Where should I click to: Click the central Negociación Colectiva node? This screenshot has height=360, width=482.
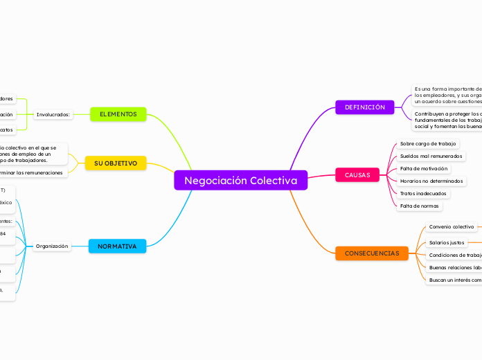[240, 181]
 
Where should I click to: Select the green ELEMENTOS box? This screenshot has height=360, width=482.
[118, 114]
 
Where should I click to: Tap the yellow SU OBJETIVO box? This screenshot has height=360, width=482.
[116, 163]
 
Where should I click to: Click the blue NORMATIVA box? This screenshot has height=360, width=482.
[117, 246]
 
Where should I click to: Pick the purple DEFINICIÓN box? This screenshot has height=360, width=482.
[365, 107]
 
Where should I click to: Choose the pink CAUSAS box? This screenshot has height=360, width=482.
[357, 175]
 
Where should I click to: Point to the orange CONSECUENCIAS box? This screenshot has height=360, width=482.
[372, 253]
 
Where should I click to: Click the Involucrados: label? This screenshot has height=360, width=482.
[53, 114]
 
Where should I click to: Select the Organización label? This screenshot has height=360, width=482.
[52, 246]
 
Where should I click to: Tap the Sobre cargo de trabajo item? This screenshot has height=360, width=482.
[428, 143]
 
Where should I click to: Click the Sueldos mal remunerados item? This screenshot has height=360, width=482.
[431, 156]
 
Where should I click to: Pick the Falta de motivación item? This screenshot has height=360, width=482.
[425, 168]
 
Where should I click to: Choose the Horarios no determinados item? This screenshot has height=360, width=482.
[432, 181]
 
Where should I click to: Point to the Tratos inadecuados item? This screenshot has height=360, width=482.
[423, 193]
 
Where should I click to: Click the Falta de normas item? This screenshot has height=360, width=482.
[420, 206]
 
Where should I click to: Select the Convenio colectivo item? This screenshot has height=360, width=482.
[452, 226]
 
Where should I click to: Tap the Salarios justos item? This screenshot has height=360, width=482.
[447, 242]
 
